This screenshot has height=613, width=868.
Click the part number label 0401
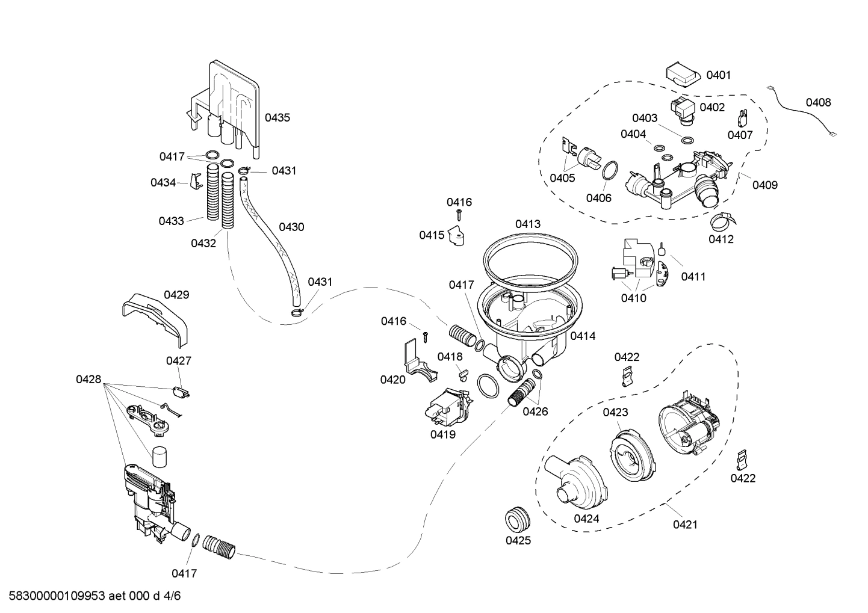click(718, 75)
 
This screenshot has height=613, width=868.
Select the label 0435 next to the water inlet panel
click(277, 118)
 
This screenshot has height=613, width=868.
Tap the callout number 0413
click(528, 224)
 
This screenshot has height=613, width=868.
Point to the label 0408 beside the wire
click(818, 102)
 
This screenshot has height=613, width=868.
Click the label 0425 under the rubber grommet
click(518, 540)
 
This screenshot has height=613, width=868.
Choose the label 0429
click(176, 295)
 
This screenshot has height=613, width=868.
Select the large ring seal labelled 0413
click(530, 259)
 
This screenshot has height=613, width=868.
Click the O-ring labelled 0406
click(609, 171)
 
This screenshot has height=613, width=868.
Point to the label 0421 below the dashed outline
click(684, 525)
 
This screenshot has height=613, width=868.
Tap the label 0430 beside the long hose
click(291, 227)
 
